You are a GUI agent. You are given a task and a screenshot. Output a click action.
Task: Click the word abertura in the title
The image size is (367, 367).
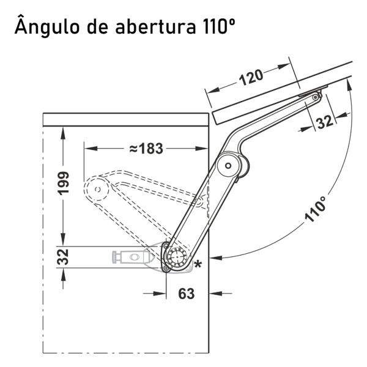155,26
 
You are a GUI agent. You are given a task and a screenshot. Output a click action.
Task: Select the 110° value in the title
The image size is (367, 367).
217,26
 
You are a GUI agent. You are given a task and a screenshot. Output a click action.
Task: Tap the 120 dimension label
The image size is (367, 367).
251,77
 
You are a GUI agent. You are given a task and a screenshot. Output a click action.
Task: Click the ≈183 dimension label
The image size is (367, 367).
146,149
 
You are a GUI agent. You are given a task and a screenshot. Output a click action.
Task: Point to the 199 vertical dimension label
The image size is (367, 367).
64,183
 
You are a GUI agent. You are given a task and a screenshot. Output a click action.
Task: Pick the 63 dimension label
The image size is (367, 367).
187,294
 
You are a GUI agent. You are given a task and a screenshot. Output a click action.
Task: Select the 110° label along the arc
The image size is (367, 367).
316,209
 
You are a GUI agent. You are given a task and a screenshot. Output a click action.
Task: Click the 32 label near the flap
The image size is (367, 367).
324,122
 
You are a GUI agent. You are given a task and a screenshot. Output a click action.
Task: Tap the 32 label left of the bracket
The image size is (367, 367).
63,257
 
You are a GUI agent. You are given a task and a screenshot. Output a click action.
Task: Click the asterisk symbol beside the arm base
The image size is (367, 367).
198,264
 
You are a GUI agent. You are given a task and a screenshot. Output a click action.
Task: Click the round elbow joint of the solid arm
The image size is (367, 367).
228,166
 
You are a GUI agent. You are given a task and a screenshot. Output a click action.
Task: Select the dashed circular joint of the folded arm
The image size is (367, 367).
97,189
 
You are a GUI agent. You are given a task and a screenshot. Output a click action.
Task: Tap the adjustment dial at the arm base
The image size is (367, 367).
177,256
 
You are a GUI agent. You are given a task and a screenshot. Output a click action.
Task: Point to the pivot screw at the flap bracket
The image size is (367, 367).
316,97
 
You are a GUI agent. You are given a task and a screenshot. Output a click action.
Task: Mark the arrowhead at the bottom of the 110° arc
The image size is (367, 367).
216,258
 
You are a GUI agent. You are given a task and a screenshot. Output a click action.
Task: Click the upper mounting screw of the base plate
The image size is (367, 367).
166,246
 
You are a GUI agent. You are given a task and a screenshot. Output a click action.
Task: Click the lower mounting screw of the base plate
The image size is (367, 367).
166,269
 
